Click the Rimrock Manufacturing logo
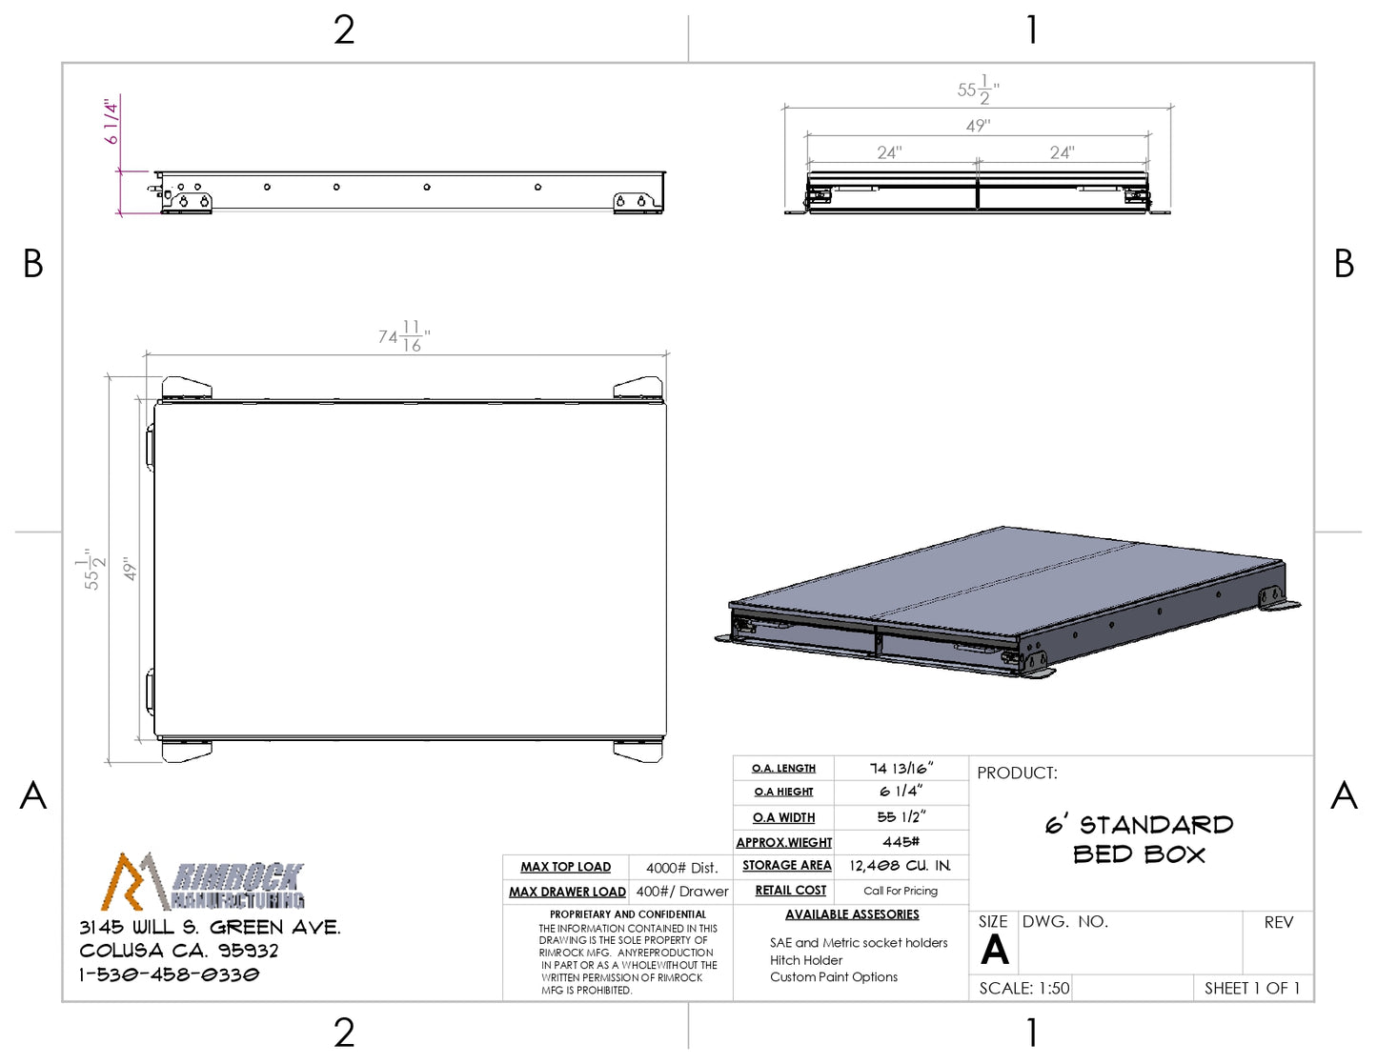[x=202, y=881]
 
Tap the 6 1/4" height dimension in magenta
[x=111, y=122]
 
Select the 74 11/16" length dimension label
[x=404, y=335]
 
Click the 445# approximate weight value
[x=901, y=842]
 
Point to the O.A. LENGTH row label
[x=783, y=769]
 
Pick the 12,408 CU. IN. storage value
[x=901, y=866]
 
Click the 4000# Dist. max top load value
[x=682, y=868]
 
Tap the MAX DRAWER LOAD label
[x=567, y=892]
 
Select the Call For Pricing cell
[x=901, y=891]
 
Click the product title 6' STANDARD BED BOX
[x=1140, y=840]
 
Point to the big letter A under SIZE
[x=994, y=950]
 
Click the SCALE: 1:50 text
[x=1024, y=989]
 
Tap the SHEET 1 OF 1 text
[x=1252, y=989]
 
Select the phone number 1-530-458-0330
[x=170, y=974]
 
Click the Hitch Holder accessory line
[x=806, y=960]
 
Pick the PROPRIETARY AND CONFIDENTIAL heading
[x=627, y=914]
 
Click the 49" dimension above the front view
[x=978, y=126]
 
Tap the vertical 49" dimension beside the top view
[x=130, y=569]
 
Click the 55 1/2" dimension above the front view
[x=978, y=90]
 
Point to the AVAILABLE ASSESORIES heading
[x=852, y=914]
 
